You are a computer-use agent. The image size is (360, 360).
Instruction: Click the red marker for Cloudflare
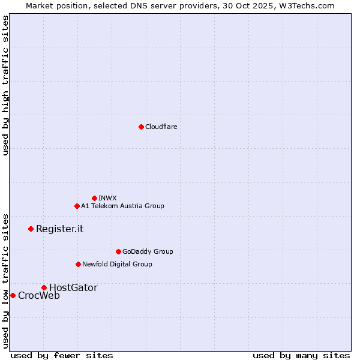[141, 127]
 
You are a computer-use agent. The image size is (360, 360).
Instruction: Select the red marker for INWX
[94, 198]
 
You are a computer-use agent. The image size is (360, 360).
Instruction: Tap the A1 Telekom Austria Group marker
[77, 206]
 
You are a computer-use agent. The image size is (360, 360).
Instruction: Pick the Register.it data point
[31, 229]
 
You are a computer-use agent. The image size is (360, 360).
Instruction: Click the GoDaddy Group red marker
[118, 251]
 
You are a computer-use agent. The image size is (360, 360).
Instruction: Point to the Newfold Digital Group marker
[78, 264]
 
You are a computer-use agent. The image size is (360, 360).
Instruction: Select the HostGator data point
[44, 287]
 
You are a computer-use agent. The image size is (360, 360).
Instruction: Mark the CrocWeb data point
[13, 295]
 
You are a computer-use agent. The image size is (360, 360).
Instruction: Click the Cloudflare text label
[161, 127]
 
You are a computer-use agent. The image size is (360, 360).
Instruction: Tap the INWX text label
[107, 198]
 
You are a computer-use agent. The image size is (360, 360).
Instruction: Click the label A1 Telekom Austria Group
[122, 206]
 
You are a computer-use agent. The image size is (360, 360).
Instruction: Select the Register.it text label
[59, 229]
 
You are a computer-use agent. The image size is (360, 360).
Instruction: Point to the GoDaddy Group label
[148, 251]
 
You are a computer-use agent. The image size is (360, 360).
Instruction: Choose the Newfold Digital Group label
[117, 264]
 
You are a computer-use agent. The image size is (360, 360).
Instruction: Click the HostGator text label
[73, 287]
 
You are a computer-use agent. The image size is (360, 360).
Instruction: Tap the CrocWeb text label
[39, 295]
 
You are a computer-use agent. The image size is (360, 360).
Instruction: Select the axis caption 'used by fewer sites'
[62, 355]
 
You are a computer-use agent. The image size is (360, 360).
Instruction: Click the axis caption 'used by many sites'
[301, 355]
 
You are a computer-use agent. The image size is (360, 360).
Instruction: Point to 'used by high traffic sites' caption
[5, 85]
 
